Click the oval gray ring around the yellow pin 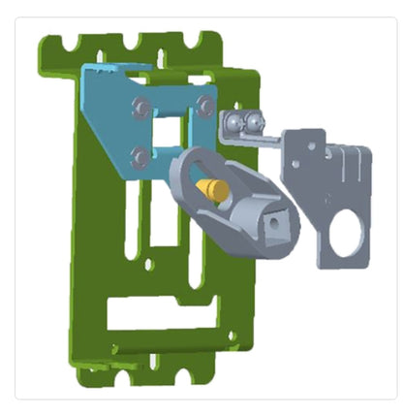tap(186, 175)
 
